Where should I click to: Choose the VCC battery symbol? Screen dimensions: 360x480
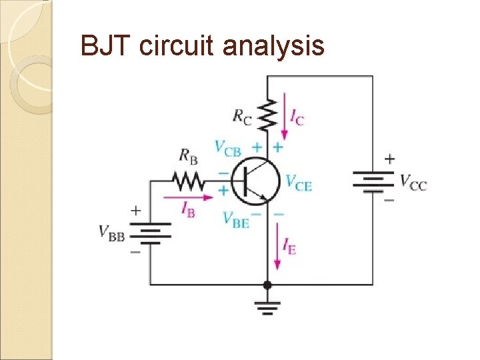373,180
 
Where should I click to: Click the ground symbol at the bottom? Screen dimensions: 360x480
267,306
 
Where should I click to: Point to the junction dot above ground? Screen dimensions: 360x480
267,285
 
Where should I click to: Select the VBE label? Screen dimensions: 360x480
236,221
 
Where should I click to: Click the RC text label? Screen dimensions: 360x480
242,116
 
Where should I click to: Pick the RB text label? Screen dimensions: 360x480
189,157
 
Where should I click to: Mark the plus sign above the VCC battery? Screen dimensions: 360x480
389,159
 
